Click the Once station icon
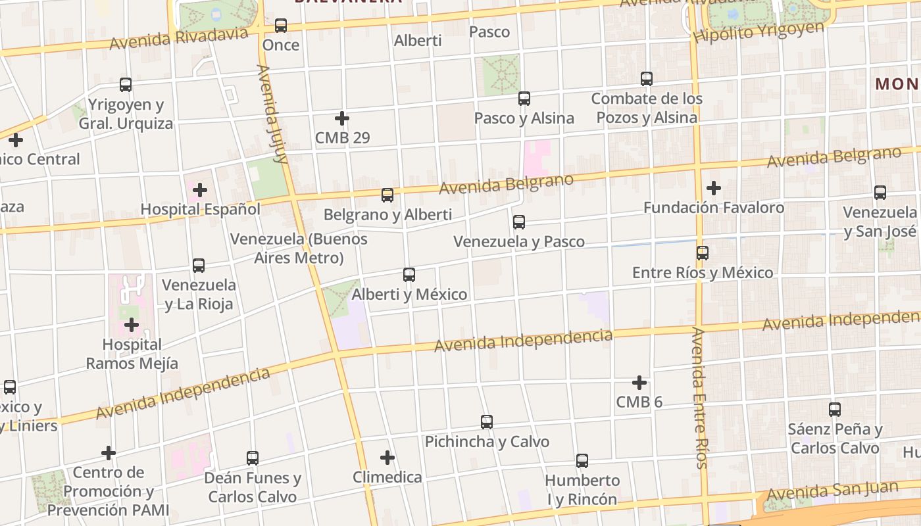(281, 26)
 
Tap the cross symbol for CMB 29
(341, 118)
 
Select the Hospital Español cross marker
(200, 190)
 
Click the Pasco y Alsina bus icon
(524, 99)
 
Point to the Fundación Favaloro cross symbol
(714, 188)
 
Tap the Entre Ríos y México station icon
(703, 252)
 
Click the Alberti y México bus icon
(409, 274)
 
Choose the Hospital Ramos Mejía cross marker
(132, 325)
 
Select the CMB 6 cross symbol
(639, 382)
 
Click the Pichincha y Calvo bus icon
(487, 421)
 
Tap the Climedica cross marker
(387, 457)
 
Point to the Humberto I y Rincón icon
(582, 460)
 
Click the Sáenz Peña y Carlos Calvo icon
(835, 409)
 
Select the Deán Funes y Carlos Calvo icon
(253, 458)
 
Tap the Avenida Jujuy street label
(273, 113)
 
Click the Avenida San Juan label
(832, 490)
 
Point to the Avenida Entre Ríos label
(699, 398)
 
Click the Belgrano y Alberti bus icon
(387, 195)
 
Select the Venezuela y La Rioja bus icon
(199, 265)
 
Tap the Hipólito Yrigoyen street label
(759, 32)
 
